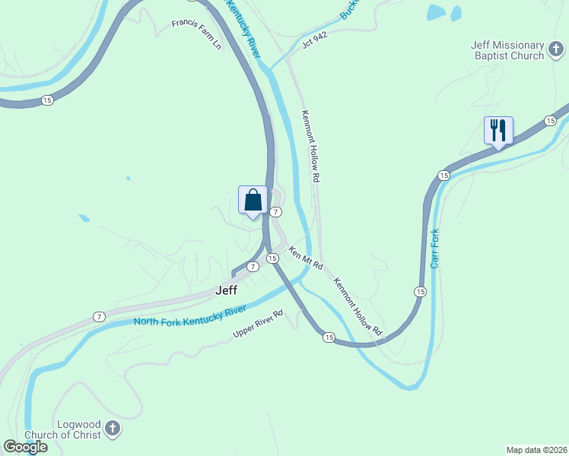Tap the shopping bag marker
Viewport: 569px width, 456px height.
pyautogui.click(x=253, y=201)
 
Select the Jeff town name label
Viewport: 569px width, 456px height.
pyautogui.click(x=227, y=290)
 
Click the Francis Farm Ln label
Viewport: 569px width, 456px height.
pyautogui.click(x=196, y=35)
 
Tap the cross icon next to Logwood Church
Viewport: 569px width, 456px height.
pyautogui.click(x=113, y=429)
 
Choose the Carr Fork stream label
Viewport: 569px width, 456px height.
pyautogui.click(x=435, y=249)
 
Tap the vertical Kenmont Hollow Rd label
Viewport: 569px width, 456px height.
pyautogui.click(x=310, y=147)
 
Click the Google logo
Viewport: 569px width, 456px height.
pyautogui.click(x=24, y=447)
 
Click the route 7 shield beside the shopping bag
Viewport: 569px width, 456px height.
pyautogui.click(x=276, y=212)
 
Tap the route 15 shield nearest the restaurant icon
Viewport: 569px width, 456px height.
pyautogui.click(x=549, y=121)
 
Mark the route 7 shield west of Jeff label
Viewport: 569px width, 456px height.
pyautogui.click(x=98, y=315)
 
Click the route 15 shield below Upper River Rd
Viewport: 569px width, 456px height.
pyautogui.click(x=328, y=337)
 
